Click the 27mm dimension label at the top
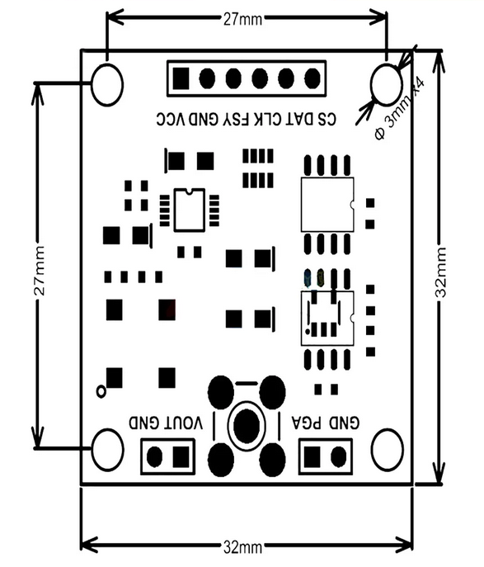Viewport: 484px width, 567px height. click(242, 19)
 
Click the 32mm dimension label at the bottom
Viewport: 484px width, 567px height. click(242, 547)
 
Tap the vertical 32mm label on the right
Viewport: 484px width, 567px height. click(440, 272)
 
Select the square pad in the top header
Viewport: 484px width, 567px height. click(181, 78)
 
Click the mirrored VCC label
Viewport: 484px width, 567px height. click(171, 120)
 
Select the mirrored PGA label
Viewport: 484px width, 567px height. click(307, 423)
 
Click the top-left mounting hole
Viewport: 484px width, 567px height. click(107, 85)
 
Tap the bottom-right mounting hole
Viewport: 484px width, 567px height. click(388, 450)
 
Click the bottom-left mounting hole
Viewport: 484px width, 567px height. click(107, 450)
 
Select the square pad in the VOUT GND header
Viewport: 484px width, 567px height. click(181, 457)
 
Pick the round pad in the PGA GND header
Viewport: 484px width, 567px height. click(338, 457)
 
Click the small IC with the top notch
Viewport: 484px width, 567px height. click(190, 210)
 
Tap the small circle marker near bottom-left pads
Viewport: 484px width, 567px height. click(101, 391)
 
